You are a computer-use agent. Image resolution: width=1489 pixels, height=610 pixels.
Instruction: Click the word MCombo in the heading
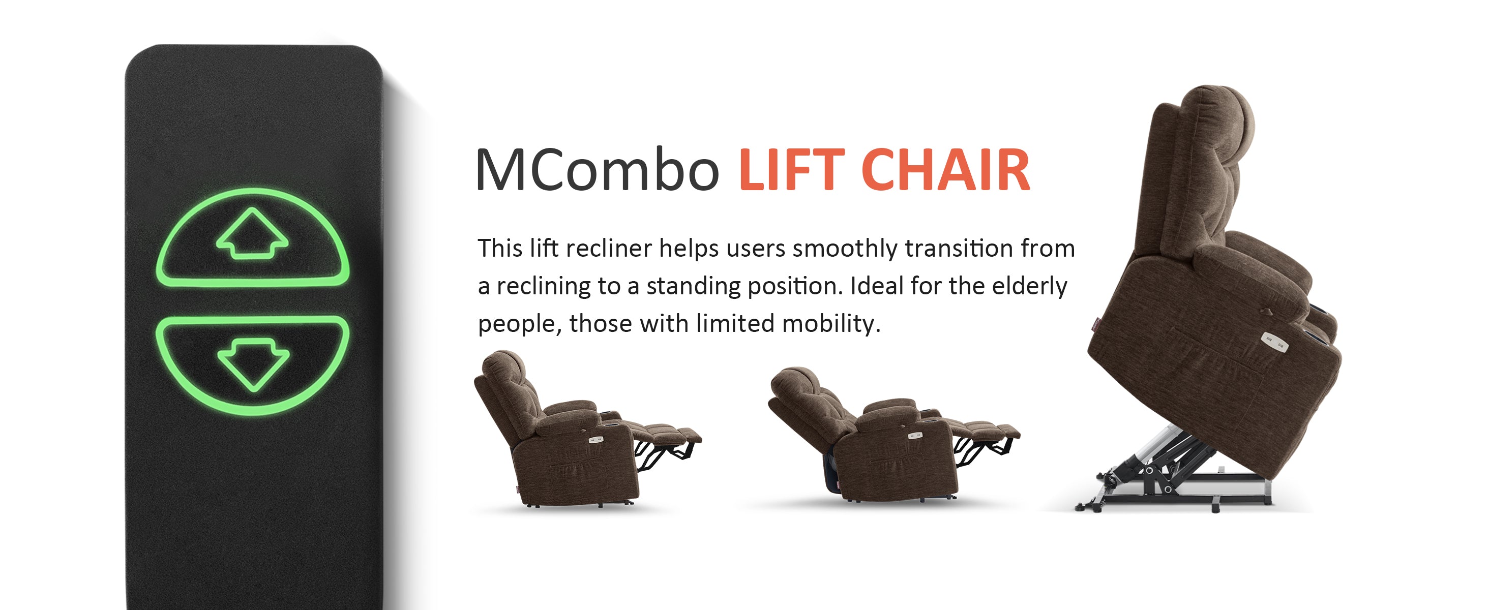coord(597,170)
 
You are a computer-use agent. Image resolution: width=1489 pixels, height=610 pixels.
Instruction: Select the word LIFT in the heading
coord(791,170)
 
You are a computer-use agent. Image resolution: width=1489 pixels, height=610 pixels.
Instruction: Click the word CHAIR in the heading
coord(946,170)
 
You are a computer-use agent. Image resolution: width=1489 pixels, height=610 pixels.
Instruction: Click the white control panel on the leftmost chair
coord(596,440)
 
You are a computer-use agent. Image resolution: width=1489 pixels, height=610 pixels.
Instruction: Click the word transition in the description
coord(959,249)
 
